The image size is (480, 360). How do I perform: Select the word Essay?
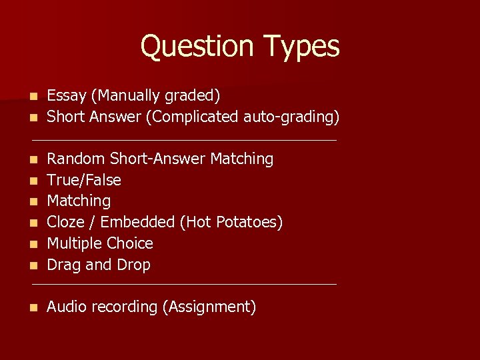[67, 96]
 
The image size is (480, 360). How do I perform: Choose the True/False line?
[84, 180]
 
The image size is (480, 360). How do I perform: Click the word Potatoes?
[253, 222]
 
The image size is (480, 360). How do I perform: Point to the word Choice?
[129, 243]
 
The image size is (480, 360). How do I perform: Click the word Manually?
[123, 97]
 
